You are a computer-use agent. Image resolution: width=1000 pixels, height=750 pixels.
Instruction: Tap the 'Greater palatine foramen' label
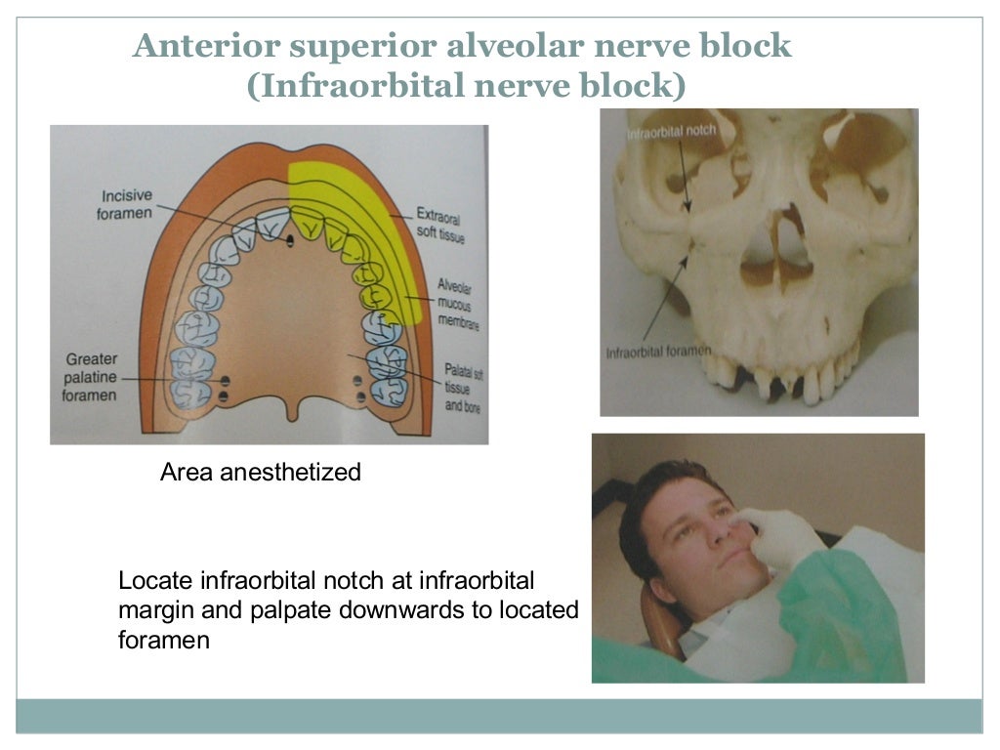[x=92, y=377]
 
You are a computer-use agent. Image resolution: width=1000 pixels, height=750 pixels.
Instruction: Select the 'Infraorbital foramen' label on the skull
[x=658, y=351]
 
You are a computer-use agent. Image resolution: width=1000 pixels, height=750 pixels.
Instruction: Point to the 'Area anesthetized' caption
[x=260, y=473]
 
